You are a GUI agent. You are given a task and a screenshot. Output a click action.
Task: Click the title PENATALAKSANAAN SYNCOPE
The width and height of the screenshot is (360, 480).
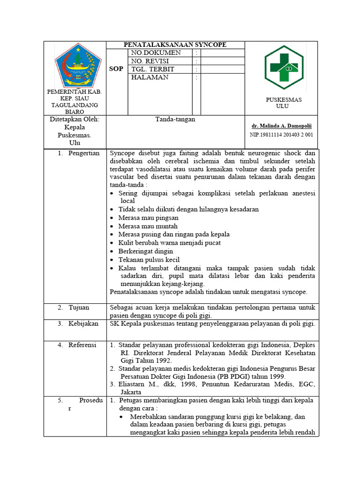(x=175, y=45)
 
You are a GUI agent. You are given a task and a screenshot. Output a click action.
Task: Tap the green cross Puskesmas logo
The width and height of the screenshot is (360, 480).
(x=284, y=67)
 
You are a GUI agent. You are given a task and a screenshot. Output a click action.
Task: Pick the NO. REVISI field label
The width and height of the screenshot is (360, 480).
(x=150, y=61)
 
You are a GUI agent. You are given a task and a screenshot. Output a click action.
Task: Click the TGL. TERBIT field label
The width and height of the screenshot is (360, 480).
(x=153, y=69)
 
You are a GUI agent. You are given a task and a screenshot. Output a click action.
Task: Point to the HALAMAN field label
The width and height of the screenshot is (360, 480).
(x=150, y=77)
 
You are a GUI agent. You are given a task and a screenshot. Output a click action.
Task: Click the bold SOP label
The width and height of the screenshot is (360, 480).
(x=116, y=69)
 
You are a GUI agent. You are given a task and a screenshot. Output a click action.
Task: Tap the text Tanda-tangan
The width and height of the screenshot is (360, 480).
(x=175, y=120)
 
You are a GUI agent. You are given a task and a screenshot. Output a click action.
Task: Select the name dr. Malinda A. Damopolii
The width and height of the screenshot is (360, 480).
(x=282, y=126)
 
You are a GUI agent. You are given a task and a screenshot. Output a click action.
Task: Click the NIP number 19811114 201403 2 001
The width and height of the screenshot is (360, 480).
(x=281, y=135)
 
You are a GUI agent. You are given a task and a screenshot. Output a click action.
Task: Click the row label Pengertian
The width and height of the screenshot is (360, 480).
(x=84, y=153)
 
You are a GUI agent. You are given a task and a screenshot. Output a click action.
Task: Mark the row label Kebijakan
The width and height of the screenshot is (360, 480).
(x=83, y=324)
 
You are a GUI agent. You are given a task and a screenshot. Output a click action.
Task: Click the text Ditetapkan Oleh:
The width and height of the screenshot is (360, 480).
(x=75, y=120)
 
